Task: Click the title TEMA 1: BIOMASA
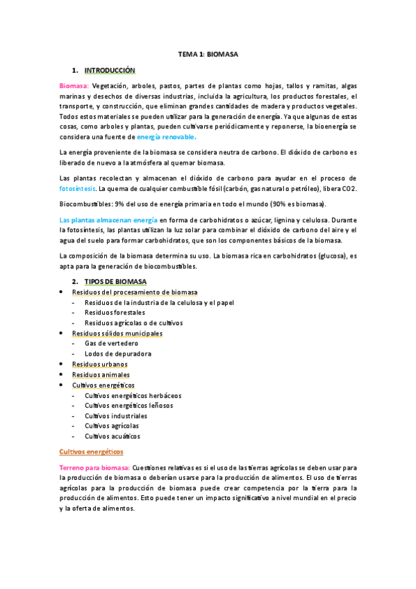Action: pos(208,53)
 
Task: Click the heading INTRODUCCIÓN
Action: pos(110,70)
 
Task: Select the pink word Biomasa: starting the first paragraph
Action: pos(74,86)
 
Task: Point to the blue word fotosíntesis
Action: pos(78,189)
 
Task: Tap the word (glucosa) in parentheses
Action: pos(326,256)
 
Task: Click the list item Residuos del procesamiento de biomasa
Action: pos(135,292)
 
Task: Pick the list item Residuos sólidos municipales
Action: pos(117,333)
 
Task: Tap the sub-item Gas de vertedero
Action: pos(111,343)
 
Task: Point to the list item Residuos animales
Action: pos(101,374)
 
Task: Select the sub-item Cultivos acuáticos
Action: pos(113,436)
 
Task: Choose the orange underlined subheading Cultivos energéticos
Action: pos(90,451)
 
